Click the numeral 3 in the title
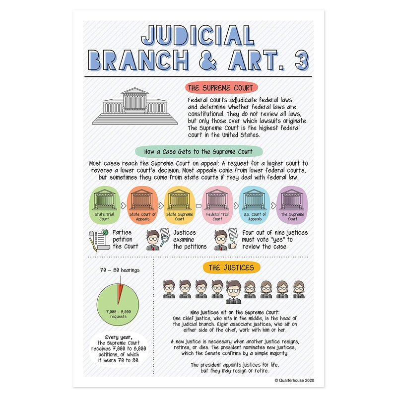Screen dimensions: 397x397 click(302, 60)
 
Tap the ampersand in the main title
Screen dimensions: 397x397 click(208, 60)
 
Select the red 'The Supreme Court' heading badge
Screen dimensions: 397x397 click(221, 88)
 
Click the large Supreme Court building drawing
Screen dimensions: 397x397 click(134, 106)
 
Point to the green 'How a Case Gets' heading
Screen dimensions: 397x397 click(199, 152)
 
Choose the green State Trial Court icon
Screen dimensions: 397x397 click(104, 205)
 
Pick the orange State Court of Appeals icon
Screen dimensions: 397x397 click(142, 205)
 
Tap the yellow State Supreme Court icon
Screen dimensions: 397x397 click(180, 205)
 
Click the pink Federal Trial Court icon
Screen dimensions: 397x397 click(217, 205)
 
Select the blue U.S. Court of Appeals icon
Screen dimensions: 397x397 click(255, 205)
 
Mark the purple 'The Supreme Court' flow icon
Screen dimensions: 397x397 click(292, 205)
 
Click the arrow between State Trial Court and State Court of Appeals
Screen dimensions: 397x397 click(123, 205)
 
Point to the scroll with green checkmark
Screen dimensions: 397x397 click(98, 240)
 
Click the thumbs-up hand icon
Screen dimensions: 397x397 click(233, 245)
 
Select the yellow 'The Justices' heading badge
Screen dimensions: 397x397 click(231, 267)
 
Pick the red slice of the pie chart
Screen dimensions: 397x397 click(120, 293)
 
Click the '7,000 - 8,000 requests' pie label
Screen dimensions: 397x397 click(118, 314)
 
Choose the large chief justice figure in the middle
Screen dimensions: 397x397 click(233, 292)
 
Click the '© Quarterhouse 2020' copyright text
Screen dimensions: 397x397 click(294, 380)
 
